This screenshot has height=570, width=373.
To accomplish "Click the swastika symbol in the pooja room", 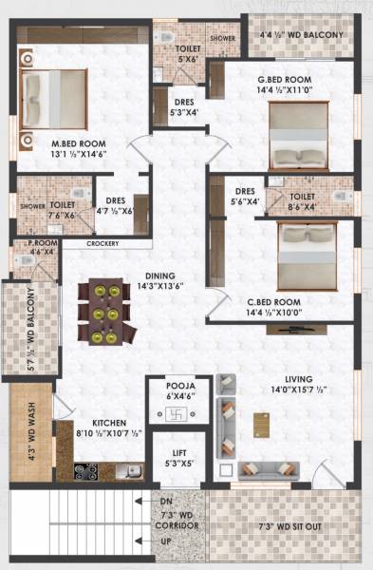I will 172,415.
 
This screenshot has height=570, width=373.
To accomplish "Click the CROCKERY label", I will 103,244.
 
